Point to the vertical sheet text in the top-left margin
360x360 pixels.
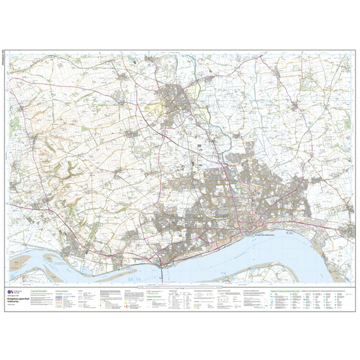click(x=6, y=62)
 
